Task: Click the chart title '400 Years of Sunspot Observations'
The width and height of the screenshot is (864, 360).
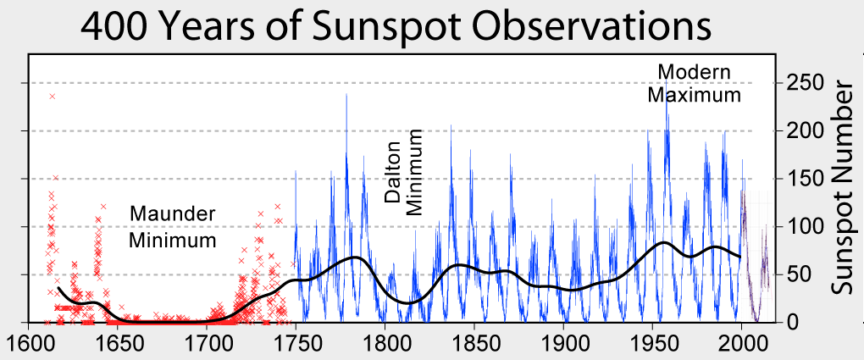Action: [396, 27]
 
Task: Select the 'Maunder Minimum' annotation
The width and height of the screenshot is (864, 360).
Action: [172, 226]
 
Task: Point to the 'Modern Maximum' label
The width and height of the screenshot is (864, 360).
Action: [694, 83]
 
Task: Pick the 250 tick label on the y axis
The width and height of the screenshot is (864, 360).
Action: [805, 83]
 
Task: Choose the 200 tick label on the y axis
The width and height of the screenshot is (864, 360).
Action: [805, 131]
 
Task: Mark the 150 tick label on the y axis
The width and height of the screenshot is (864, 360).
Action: [805, 179]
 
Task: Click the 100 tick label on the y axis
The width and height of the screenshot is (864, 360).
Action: [805, 227]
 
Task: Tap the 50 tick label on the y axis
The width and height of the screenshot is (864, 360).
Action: [799, 274]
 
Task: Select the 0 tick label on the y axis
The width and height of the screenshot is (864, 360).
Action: [793, 323]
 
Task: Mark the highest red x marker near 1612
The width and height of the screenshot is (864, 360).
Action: [53, 97]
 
